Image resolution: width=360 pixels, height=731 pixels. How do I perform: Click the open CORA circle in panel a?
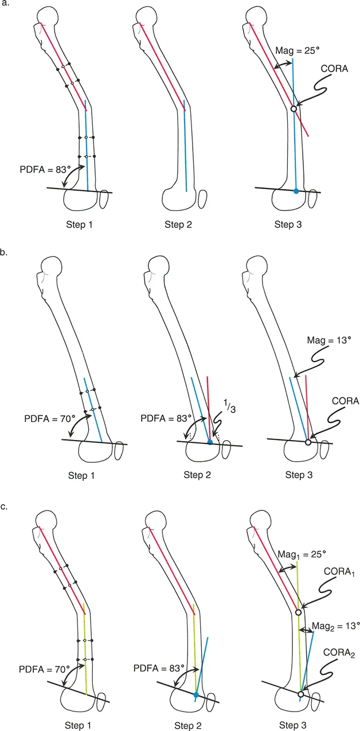(x=294, y=108)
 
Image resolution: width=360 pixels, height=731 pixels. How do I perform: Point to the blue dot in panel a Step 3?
(x=296, y=191)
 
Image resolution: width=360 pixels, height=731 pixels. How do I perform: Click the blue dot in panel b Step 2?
(x=210, y=442)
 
